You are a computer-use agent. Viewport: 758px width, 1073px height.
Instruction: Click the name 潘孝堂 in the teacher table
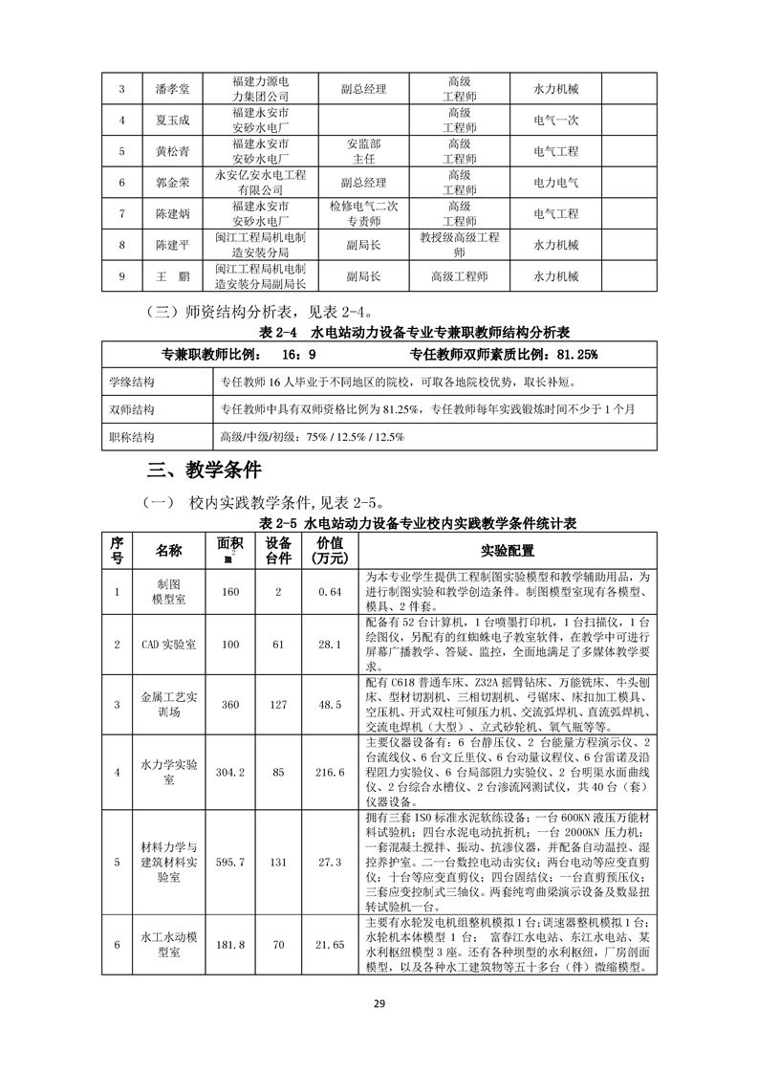173,89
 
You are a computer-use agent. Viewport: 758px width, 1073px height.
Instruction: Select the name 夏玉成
173,120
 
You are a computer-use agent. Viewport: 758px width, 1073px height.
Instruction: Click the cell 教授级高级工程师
460,245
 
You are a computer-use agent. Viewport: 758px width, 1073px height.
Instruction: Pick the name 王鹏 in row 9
173,276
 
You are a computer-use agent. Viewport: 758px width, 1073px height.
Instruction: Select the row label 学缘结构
132,383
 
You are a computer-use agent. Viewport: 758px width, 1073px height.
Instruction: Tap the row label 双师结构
132,409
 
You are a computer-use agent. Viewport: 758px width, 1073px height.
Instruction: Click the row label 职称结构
132,436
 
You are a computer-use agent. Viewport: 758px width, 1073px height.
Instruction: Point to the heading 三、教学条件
204,471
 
